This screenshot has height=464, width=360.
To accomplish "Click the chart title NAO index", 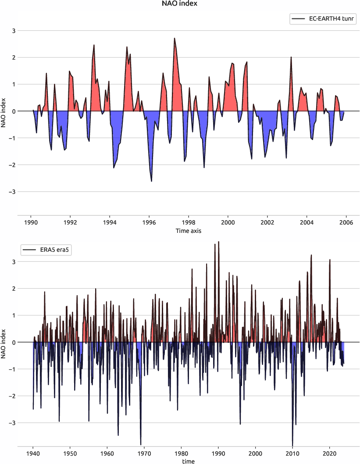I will point(180,4).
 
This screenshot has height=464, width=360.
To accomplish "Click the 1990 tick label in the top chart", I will point(31,222).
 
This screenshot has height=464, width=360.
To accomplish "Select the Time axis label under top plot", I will point(189,230).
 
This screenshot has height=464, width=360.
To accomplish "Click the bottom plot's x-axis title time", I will point(189,461).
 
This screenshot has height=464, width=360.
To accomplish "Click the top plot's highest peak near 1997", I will point(174,38).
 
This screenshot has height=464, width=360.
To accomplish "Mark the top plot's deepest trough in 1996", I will point(151,181).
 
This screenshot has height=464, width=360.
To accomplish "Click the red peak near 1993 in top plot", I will point(94,45).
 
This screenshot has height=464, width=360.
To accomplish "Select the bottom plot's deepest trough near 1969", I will point(141,444).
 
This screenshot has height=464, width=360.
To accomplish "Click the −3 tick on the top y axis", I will point(14,192).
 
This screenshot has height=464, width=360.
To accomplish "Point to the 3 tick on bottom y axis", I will point(14,262).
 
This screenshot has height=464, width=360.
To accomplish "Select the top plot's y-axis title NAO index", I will point(4,111).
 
